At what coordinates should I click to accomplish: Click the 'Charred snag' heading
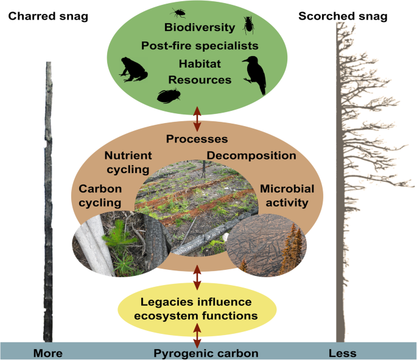pos(47,16)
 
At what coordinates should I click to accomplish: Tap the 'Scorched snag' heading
pos(343,16)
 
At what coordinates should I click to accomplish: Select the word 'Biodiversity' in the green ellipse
pos(199,27)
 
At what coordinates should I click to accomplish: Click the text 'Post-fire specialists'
pos(200,46)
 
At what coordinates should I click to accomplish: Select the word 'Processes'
pos(197,139)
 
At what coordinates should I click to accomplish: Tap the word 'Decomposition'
pos(251,155)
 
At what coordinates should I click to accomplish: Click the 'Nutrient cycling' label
pos(128,161)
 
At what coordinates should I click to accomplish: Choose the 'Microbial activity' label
pos(285,195)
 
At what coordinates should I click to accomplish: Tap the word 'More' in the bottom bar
pos(48,353)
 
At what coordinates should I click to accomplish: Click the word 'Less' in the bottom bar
pos(342,353)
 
